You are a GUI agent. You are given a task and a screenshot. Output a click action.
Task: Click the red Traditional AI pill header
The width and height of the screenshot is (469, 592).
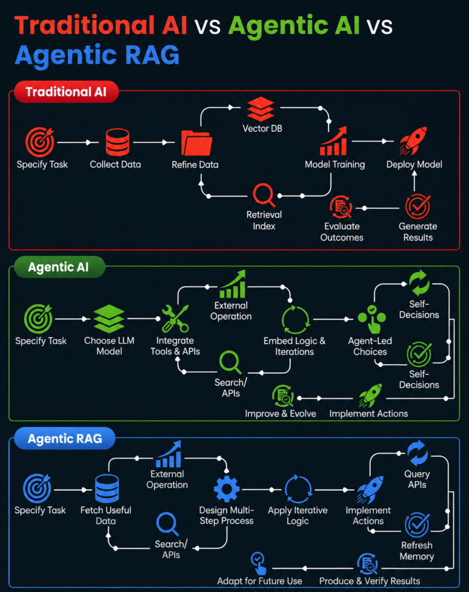(66, 92)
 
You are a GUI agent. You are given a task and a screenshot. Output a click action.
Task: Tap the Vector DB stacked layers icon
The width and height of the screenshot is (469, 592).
(260, 109)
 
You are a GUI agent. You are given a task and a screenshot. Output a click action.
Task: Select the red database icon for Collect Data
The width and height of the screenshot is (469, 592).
(117, 142)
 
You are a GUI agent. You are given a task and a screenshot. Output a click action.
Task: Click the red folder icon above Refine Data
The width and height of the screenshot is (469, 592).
(196, 143)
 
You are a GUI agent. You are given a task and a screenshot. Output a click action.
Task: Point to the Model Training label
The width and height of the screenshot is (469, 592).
(334, 165)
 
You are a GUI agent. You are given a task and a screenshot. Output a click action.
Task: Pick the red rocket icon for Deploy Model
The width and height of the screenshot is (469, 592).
(413, 141)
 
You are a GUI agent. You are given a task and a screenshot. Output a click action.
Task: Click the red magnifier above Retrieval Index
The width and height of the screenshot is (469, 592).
(263, 195)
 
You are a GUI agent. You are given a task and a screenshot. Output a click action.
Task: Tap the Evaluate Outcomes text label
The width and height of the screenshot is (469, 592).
(342, 232)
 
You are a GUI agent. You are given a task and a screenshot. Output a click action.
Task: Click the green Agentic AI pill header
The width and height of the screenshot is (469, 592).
(59, 267)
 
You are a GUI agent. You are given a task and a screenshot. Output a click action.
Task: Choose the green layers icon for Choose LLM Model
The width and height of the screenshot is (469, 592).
(109, 319)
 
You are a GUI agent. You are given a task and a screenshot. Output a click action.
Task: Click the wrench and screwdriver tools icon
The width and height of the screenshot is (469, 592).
(175, 319)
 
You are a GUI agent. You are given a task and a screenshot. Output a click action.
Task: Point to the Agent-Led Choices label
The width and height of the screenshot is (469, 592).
(370, 346)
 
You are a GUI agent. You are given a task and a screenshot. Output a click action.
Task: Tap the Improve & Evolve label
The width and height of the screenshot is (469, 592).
(280, 414)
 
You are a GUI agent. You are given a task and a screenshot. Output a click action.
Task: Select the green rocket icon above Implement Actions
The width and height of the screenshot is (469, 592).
(370, 395)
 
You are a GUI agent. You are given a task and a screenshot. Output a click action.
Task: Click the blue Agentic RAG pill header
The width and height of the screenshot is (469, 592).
(65, 438)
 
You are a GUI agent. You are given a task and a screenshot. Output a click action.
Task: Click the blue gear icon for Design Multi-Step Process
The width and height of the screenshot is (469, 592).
(226, 489)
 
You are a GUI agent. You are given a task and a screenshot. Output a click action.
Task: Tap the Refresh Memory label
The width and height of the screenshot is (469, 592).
(416, 551)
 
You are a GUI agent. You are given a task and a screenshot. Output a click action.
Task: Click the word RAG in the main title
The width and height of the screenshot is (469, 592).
(152, 55)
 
